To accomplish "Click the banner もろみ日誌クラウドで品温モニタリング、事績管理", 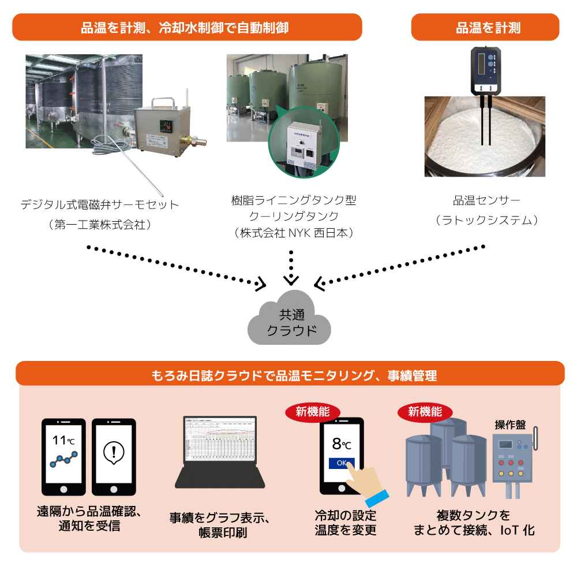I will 290,375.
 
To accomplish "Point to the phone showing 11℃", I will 63,456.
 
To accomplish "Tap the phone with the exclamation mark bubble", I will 114,456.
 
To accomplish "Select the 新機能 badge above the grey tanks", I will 425,412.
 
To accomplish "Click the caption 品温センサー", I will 486,201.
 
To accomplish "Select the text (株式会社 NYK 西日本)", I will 294,233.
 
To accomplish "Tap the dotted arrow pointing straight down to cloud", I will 291,266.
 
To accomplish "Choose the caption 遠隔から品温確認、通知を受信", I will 89,519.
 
